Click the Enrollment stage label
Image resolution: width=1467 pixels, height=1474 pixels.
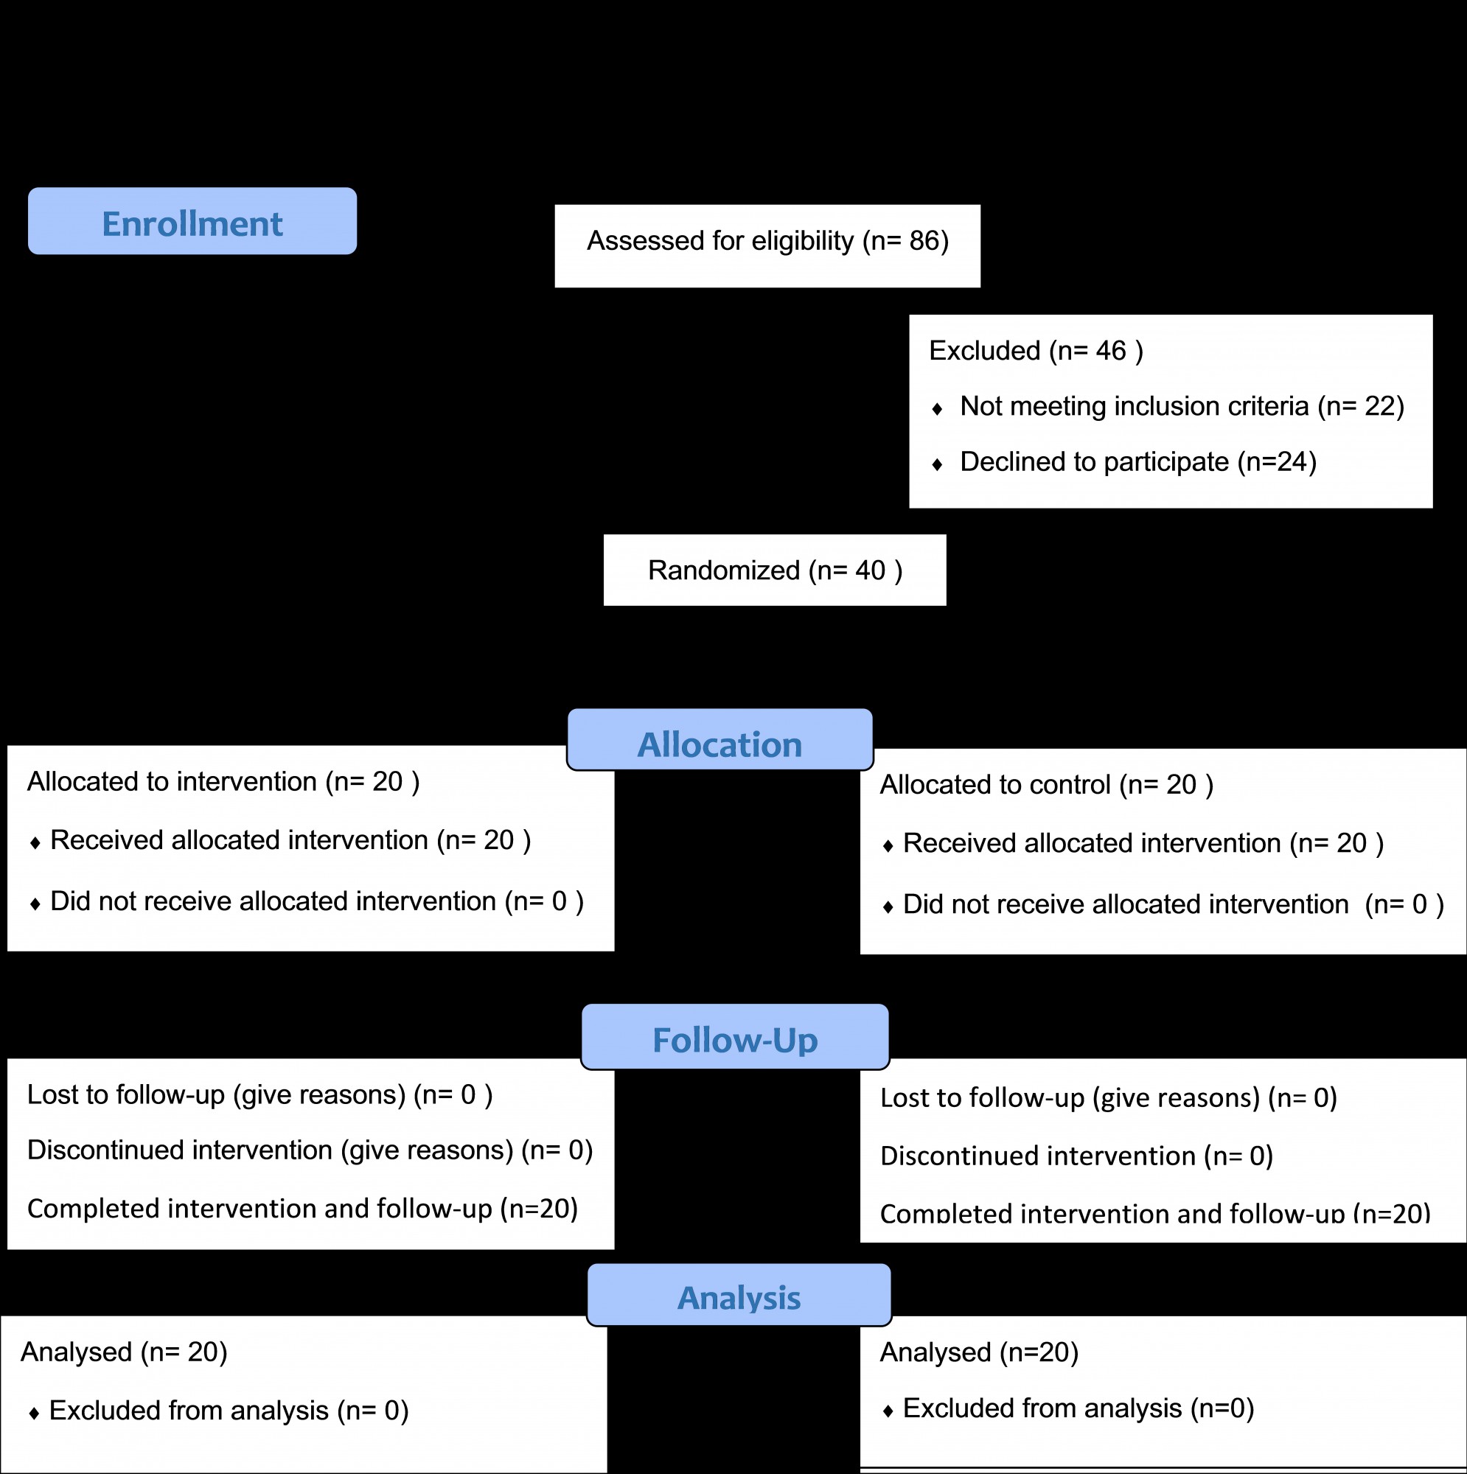click(192, 221)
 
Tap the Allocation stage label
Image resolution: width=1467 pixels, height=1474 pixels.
click(719, 740)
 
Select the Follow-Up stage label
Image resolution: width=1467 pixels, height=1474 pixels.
click(735, 1037)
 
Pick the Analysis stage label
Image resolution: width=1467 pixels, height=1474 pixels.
click(739, 1295)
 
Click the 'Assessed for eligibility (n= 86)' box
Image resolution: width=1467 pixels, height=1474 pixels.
click(767, 245)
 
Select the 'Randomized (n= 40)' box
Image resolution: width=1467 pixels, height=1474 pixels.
click(775, 570)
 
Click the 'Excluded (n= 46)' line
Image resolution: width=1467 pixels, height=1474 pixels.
click(1036, 351)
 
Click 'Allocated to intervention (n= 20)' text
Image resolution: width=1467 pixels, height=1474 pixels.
click(223, 782)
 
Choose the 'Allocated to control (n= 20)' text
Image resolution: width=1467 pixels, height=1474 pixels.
click(1047, 785)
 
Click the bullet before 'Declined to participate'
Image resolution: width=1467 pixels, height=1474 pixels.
click(937, 464)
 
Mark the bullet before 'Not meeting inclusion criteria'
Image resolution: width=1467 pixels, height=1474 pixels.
click(937, 409)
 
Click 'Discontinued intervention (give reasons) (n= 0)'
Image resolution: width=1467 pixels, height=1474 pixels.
click(310, 1150)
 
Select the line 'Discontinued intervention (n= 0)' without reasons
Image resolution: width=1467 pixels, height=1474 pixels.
click(1076, 1156)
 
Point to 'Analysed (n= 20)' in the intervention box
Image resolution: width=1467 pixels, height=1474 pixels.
click(124, 1352)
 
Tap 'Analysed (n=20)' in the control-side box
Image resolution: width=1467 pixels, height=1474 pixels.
click(979, 1352)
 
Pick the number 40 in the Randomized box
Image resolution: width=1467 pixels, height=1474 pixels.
click(870, 570)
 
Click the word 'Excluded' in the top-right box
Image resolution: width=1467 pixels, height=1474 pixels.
click(985, 351)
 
